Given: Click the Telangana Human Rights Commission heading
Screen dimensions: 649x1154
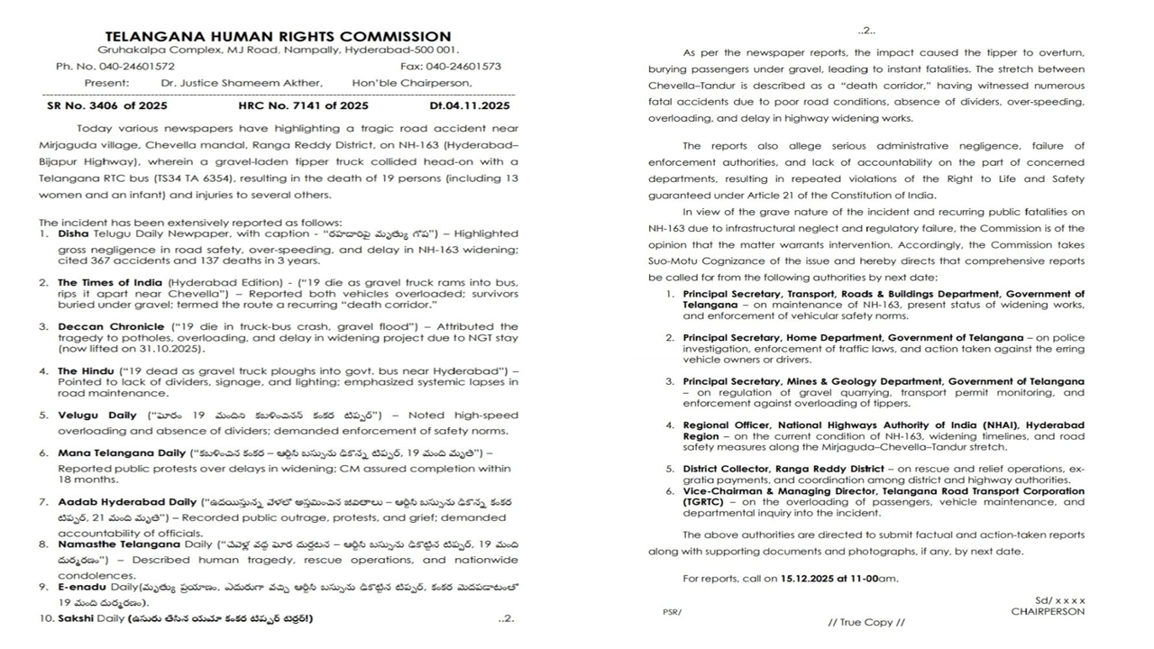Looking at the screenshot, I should [x=278, y=37].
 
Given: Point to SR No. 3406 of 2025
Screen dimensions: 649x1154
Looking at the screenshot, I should [x=107, y=105].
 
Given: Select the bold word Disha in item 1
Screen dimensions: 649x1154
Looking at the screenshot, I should [x=74, y=233].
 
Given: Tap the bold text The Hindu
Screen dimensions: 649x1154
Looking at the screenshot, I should [x=79, y=370].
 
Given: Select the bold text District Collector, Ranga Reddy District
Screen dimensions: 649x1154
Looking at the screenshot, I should [x=783, y=470].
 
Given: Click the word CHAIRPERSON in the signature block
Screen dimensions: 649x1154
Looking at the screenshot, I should [x=1048, y=611].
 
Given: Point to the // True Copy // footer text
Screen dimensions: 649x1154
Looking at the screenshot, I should [x=865, y=622].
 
